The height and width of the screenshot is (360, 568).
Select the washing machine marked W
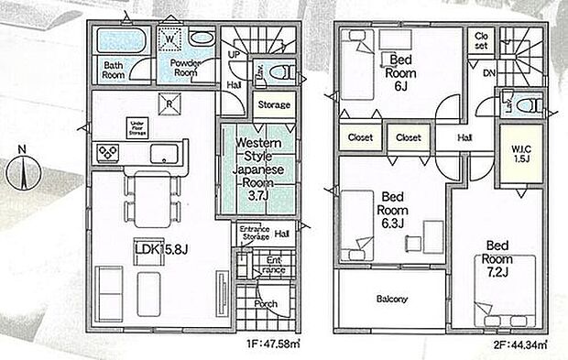(x=170, y=39)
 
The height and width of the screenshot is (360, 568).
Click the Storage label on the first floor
(x=273, y=104)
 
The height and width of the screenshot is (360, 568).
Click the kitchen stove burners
(x=107, y=152)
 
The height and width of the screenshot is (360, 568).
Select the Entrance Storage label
(x=253, y=233)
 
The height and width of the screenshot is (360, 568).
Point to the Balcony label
(x=392, y=300)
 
